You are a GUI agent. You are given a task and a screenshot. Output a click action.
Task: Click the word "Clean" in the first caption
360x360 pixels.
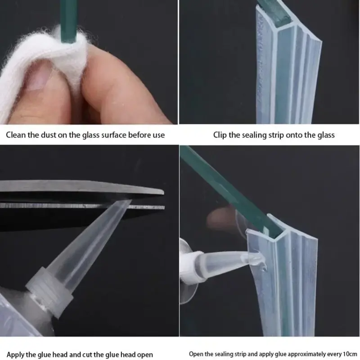(x=16, y=135)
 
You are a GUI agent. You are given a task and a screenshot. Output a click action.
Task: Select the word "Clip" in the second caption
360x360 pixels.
(x=220, y=135)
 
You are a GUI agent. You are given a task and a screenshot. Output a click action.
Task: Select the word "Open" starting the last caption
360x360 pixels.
(x=196, y=354)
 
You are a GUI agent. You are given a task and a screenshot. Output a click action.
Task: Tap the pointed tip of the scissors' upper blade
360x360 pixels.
(x=163, y=192)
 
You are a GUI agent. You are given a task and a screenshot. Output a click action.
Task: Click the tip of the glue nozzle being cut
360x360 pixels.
(x=129, y=201)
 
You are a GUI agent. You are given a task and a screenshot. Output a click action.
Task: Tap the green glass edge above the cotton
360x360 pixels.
(x=68, y=21)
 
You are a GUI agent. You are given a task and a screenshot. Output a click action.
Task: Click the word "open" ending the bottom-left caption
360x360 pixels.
(x=145, y=355)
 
